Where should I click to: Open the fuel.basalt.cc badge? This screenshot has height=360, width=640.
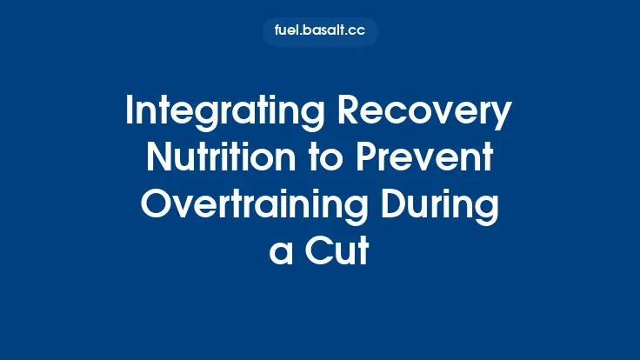320,32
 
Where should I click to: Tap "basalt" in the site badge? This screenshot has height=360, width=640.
326,32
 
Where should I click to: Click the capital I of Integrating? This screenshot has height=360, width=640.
130,113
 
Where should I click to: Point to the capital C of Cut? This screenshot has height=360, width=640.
314,250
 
